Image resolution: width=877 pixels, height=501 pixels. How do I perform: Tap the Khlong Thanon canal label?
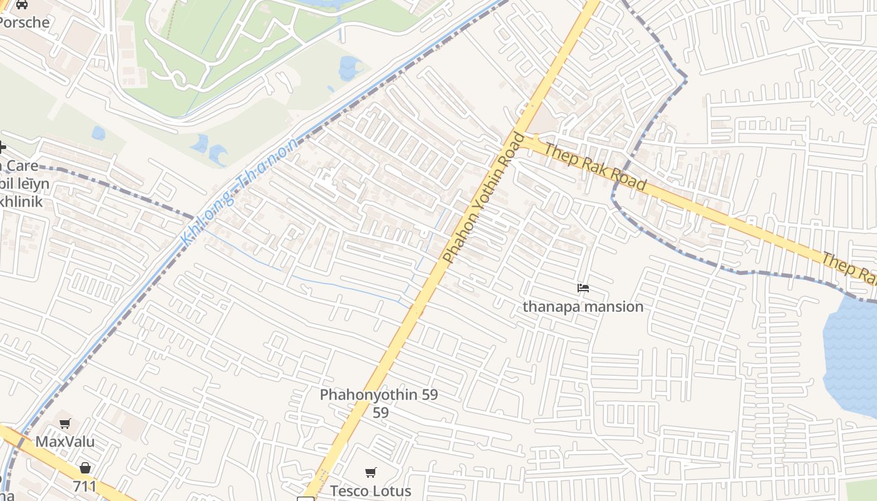click(x=239, y=192)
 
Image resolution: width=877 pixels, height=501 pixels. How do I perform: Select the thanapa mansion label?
click(x=583, y=307)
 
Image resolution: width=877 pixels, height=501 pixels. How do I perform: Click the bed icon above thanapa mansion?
click(x=583, y=288)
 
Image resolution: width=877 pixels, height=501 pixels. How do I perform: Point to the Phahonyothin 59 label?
click(x=378, y=395)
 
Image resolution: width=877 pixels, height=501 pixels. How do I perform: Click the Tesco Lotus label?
click(x=370, y=491)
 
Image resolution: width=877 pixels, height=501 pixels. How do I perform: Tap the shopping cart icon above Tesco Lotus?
click(x=371, y=473)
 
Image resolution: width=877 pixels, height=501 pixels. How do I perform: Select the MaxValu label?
click(x=65, y=442)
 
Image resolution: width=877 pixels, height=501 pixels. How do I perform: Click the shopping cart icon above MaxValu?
click(x=65, y=424)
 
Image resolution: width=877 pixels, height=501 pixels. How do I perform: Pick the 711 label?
click(x=85, y=487)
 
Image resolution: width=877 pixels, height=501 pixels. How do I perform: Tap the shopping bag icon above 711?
click(x=85, y=468)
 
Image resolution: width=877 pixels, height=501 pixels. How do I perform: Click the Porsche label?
click(x=24, y=23)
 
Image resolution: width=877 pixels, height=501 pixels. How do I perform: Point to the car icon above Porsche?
click(x=22, y=4)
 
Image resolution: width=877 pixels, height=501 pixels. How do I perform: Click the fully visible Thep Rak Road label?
click(x=594, y=167)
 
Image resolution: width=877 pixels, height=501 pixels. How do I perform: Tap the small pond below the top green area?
click(x=350, y=68)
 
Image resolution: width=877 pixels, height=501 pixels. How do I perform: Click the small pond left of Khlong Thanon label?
click(x=98, y=133)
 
